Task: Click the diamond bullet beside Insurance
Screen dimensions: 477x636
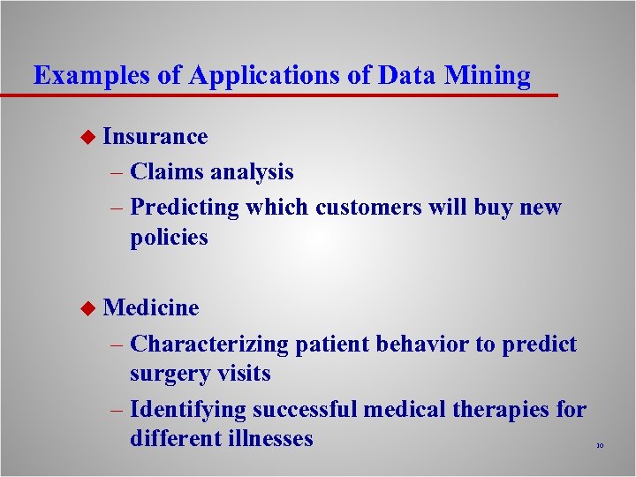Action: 86,137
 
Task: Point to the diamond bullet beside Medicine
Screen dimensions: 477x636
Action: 86,308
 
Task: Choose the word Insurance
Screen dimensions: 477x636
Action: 155,136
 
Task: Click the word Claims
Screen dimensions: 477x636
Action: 167,171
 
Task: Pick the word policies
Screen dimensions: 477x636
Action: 169,237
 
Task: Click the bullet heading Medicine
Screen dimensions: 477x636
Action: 151,307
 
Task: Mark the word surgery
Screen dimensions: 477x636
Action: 169,374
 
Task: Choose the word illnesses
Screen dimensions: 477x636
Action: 269,438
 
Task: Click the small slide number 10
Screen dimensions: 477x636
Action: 599,446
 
